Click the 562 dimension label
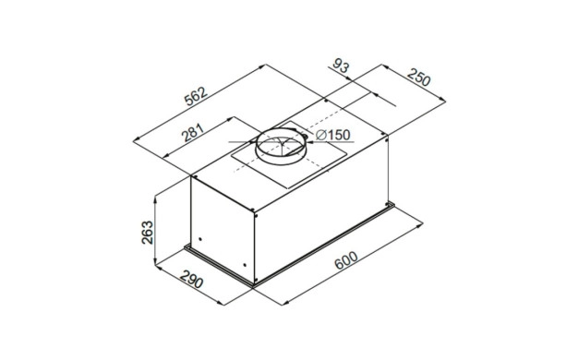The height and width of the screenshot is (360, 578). (196, 96)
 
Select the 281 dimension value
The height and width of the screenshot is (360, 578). (193, 133)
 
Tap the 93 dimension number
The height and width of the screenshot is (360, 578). (341, 66)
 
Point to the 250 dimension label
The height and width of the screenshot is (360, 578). (418, 77)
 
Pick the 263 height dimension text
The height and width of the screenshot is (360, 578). (148, 232)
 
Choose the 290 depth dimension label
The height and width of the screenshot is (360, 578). (192, 278)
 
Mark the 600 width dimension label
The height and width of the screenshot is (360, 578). (345, 259)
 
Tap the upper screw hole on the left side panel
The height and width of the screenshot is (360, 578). (200, 239)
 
